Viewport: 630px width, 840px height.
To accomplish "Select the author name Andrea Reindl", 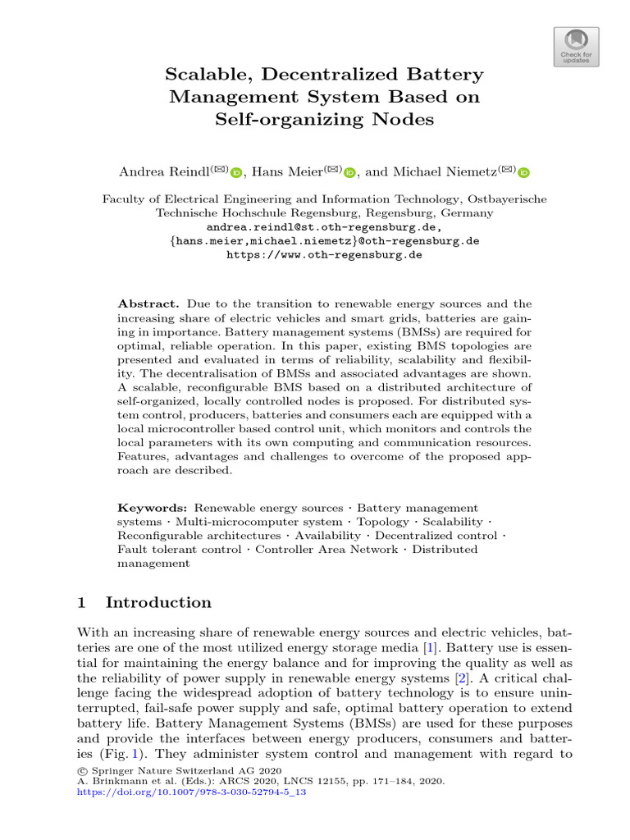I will click(164, 171).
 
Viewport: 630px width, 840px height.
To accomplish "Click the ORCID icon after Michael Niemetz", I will click(524, 172).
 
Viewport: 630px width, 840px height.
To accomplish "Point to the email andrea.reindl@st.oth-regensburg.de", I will click(324, 227).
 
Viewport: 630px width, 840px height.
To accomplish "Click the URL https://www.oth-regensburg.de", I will click(324, 255).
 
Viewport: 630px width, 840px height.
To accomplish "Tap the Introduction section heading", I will click(158, 603).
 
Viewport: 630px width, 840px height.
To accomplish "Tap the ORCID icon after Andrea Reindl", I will click(236, 172).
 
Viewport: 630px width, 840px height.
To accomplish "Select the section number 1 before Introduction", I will click(81, 603).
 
